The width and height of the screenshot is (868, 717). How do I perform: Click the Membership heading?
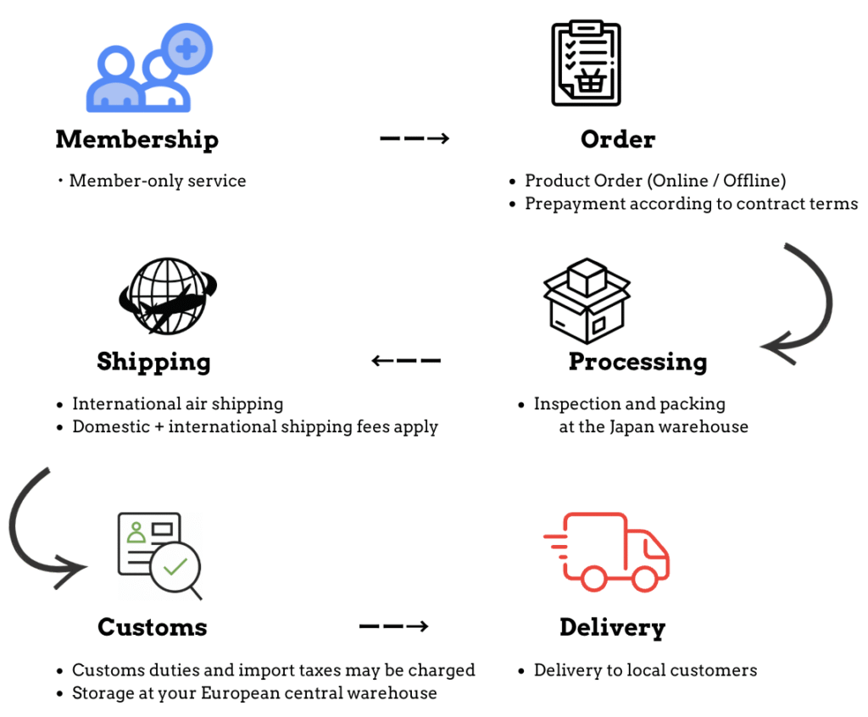(x=136, y=140)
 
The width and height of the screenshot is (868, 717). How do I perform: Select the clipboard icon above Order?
(x=586, y=63)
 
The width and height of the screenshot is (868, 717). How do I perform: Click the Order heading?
(x=618, y=140)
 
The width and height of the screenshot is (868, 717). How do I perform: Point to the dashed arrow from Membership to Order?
(x=414, y=138)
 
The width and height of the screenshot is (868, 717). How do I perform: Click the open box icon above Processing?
(x=586, y=300)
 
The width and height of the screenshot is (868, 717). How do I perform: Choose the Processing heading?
(x=637, y=362)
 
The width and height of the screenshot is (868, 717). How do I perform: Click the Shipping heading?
(x=153, y=362)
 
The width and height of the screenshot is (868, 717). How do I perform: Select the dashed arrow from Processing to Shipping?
(x=406, y=361)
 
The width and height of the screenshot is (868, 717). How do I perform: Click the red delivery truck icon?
(x=607, y=551)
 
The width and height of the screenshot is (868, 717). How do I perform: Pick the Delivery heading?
(x=612, y=628)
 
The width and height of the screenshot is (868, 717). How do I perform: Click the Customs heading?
(x=152, y=627)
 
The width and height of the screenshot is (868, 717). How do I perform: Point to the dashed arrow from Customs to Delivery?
(x=393, y=627)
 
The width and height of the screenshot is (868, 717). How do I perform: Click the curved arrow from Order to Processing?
(x=802, y=305)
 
